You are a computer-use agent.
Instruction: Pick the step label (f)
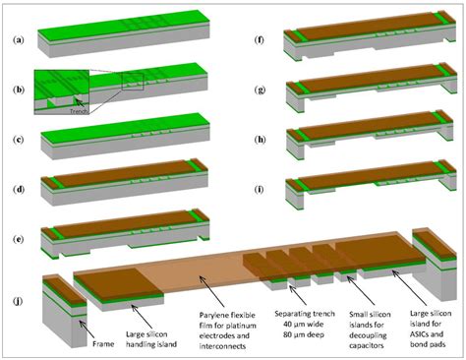(x=258, y=40)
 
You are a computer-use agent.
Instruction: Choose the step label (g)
(x=258, y=89)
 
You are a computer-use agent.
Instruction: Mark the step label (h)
(x=258, y=137)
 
